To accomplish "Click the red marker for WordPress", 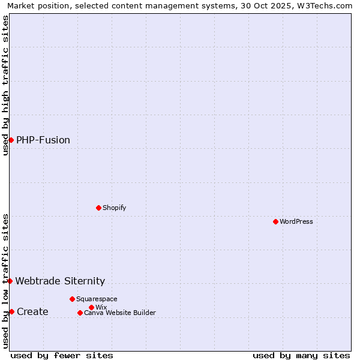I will coord(275,221).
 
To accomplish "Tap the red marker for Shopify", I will coord(98,208).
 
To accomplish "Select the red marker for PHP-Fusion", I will coord(11,140).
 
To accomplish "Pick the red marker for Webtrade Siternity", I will coord(10,281).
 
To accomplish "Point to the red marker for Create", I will coord(11,311).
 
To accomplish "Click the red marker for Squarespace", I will coord(72,299).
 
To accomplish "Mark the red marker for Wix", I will coord(91,307).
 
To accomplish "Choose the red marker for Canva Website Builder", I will coord(80,313).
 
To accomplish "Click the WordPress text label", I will coord(296,221).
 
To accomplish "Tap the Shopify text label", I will coord(114,208).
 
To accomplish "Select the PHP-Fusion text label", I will coord(43,140).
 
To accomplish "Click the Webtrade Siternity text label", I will coord(60,281).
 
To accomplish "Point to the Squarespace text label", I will coord(97,299).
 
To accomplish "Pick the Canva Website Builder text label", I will coord(120,313).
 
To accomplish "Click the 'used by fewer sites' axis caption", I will coord(62,355).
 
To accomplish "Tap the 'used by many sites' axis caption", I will coord(301,355).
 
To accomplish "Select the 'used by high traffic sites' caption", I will coord(5,85).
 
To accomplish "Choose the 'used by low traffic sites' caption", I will coord(5,281).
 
